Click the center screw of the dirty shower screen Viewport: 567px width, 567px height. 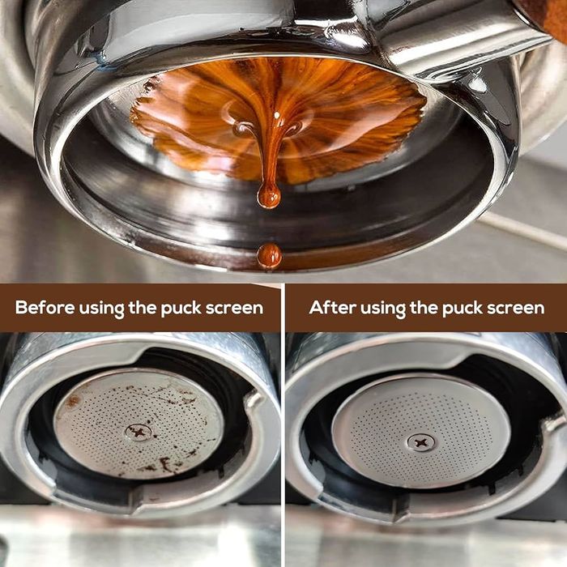coord(139,432)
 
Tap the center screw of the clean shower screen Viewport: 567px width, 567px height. coord(420,442)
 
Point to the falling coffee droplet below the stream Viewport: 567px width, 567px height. coord(269,256)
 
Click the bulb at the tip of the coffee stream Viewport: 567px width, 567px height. coord(269,195)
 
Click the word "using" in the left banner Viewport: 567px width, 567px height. coord(105,309)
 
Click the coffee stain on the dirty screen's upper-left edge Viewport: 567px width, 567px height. coord(73,401)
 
